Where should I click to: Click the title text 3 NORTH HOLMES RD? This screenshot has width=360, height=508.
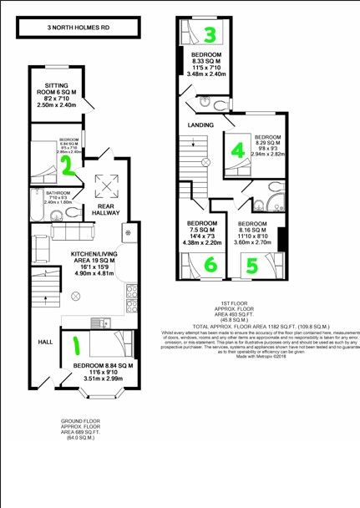point(78,28)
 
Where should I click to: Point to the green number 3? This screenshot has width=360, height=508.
point(211,34)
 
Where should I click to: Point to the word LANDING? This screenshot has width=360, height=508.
point(200,125)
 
